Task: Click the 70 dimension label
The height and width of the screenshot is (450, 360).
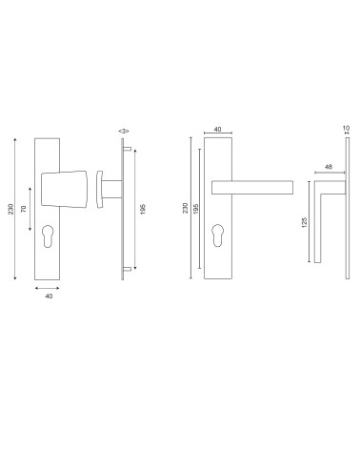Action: click(x=24, y=209)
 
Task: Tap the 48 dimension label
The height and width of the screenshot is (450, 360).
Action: click(x=329, y=167)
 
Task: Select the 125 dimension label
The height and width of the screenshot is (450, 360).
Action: click(x=304, y=222)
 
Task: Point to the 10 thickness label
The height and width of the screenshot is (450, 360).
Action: click(x=347, y=128)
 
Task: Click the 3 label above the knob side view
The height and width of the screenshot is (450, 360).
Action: click(x=124, y=131)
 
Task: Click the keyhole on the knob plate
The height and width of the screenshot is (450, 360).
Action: click(x=48, y=236)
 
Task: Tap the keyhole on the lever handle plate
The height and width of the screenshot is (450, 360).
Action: click(x=217, y=235)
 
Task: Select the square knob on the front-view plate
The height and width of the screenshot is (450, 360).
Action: click(x=64, y=189)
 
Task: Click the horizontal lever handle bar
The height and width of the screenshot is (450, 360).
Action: click(x=252, y=188)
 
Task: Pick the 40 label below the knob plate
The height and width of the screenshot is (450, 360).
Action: click(x=49, y=297)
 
